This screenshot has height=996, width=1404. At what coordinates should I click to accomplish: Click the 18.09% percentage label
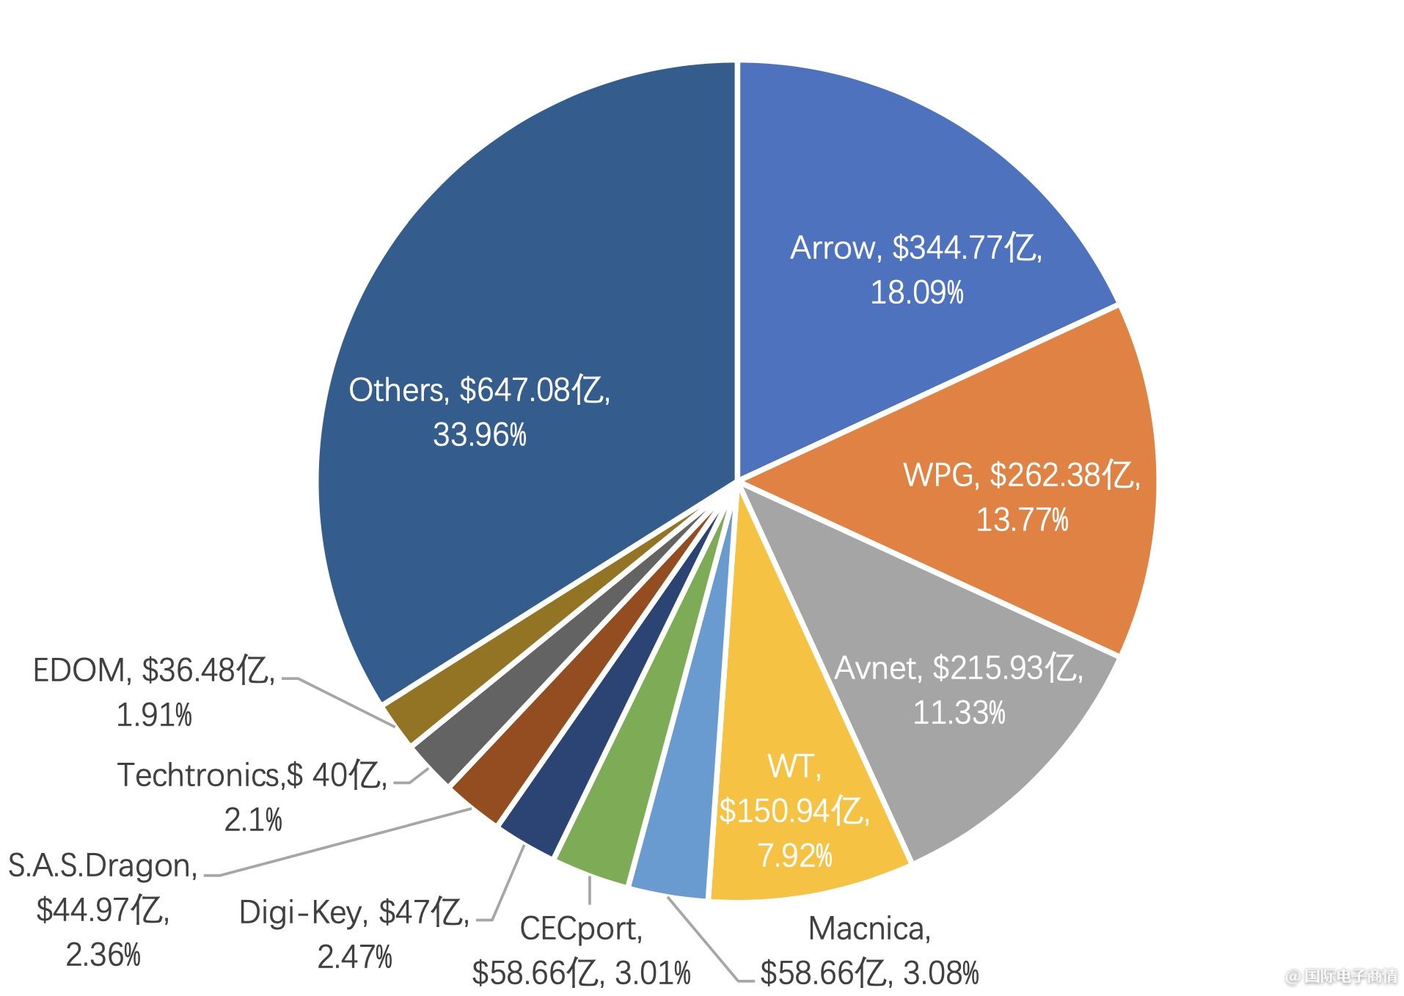click(916, 293)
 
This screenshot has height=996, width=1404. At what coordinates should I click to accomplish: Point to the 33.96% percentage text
click(480, 435)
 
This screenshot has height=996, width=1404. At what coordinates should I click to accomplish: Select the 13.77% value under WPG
click(1021, 520)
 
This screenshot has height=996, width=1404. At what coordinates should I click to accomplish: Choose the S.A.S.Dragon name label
click(103, 866)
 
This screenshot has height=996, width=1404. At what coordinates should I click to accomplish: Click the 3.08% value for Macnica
click(940, 974)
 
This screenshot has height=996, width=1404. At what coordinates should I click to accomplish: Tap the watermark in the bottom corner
click(1342, 976)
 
